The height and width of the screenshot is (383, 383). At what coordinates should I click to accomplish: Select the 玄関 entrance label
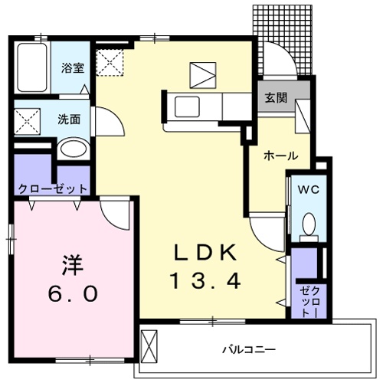coord(277,97)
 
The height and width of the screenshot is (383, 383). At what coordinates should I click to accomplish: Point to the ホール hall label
coord(280,155)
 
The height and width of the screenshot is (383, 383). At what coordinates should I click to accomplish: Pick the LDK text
coord(205,252)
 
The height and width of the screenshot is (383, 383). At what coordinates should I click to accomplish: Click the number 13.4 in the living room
coord(205,281)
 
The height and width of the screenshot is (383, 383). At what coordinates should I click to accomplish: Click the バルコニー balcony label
coord(249,349)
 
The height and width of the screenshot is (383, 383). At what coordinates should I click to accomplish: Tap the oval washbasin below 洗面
coord(73,148)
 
